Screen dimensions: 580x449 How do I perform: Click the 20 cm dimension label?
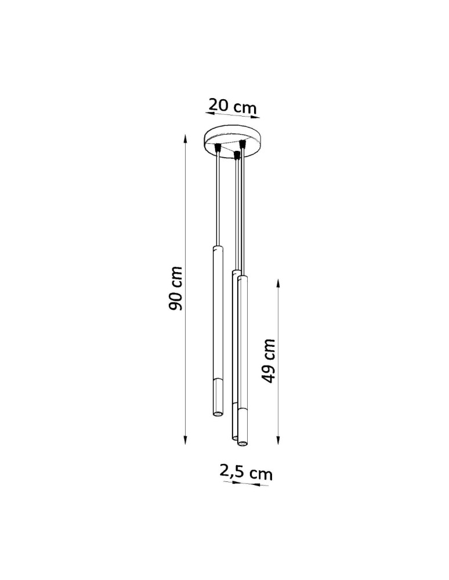(x=233, y=106)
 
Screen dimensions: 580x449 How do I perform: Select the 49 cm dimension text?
(x=269, y=361)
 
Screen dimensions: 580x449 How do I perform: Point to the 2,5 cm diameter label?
(x=246, y=472)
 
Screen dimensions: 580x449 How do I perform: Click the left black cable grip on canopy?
(x=218, y=148)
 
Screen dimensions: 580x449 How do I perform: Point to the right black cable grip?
(x=243, y=142)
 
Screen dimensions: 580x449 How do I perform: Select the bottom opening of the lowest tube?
(x=241, y=444)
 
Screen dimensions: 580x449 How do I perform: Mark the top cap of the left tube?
(x=216, y=248)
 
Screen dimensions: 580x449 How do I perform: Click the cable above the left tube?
(x=217, y=197)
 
